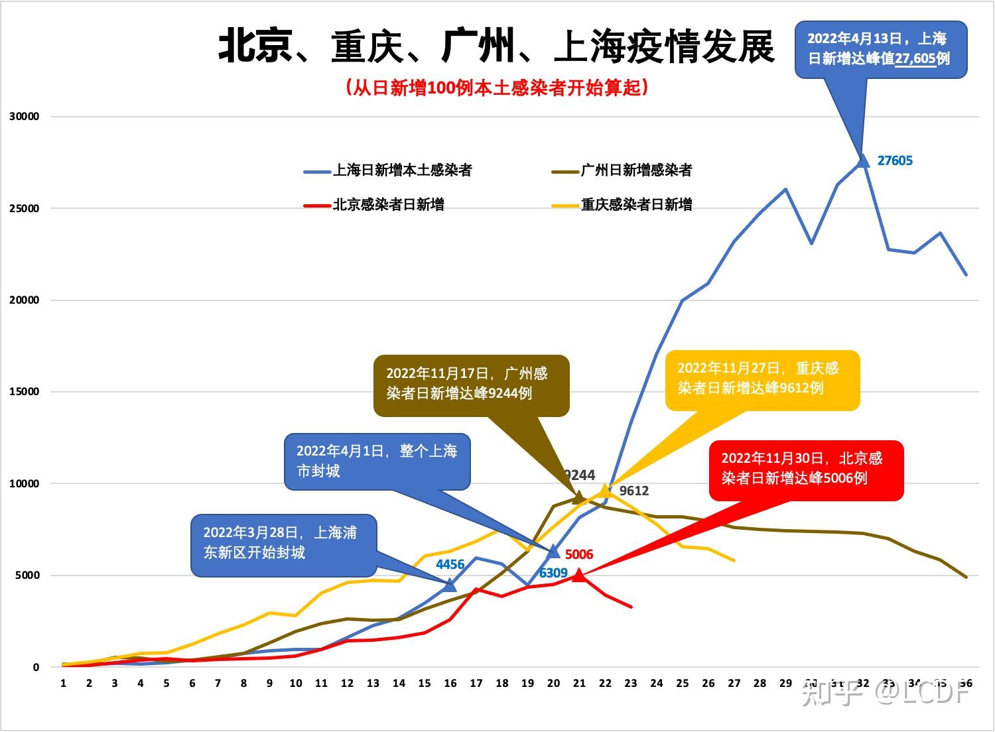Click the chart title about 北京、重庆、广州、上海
click(x=496, y=46)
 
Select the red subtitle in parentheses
click(x=496, y=88)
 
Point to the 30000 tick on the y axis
click(x=25, y=117)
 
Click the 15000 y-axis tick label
click(x=25, y=392)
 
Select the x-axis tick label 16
click(x=450, y=684)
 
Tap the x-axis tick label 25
click(x=683, y=684)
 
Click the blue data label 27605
click(x=895, y=160)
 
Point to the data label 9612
click(x=634, y=491)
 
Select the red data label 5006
click(x=579, y=554)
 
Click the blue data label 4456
click(x=450, y=565)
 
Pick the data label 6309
click(x=553, y=574)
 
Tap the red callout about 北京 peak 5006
click(x=806, y=469)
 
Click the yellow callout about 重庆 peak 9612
click(x=762, y=379)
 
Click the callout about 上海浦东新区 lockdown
click(x=284, y=543)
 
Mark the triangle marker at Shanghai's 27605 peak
click(x=863, y=160)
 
